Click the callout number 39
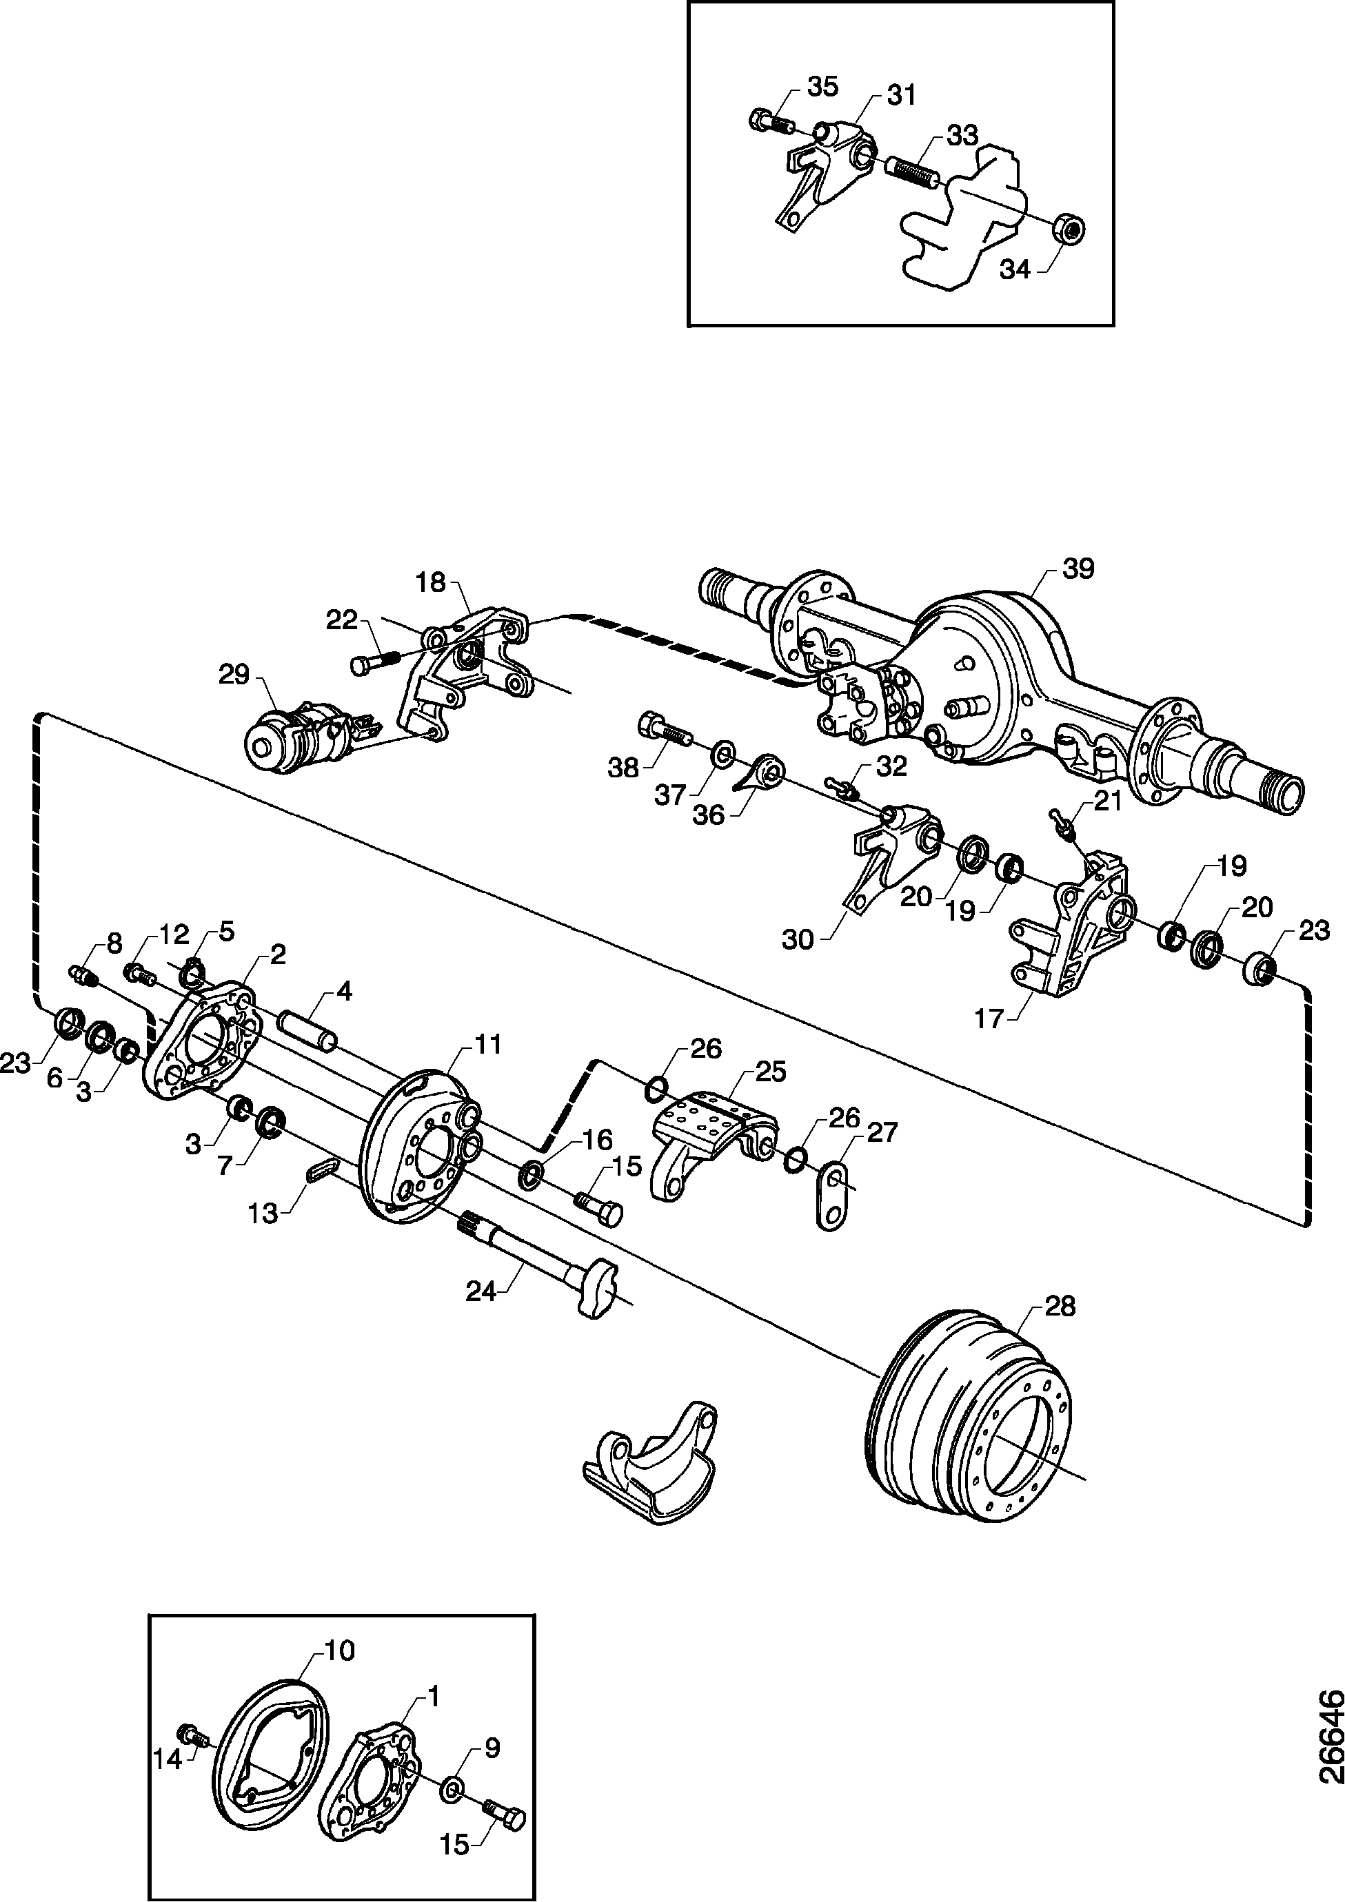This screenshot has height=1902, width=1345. (x=1078, y=569)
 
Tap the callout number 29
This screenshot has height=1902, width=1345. (x=234, y=675)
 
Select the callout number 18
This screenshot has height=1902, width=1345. (x=430, y=582)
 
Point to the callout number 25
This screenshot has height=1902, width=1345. (x=770, y=1072)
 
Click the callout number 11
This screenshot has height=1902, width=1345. (x=488, y=1045)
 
